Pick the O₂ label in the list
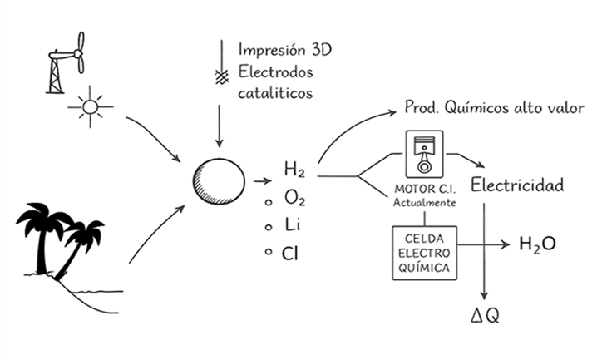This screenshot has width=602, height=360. pos(294,199)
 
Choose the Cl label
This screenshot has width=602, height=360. pos(291,253)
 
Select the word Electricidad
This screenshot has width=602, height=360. pos(517,184)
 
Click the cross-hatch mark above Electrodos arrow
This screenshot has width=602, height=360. pos(220,76)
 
